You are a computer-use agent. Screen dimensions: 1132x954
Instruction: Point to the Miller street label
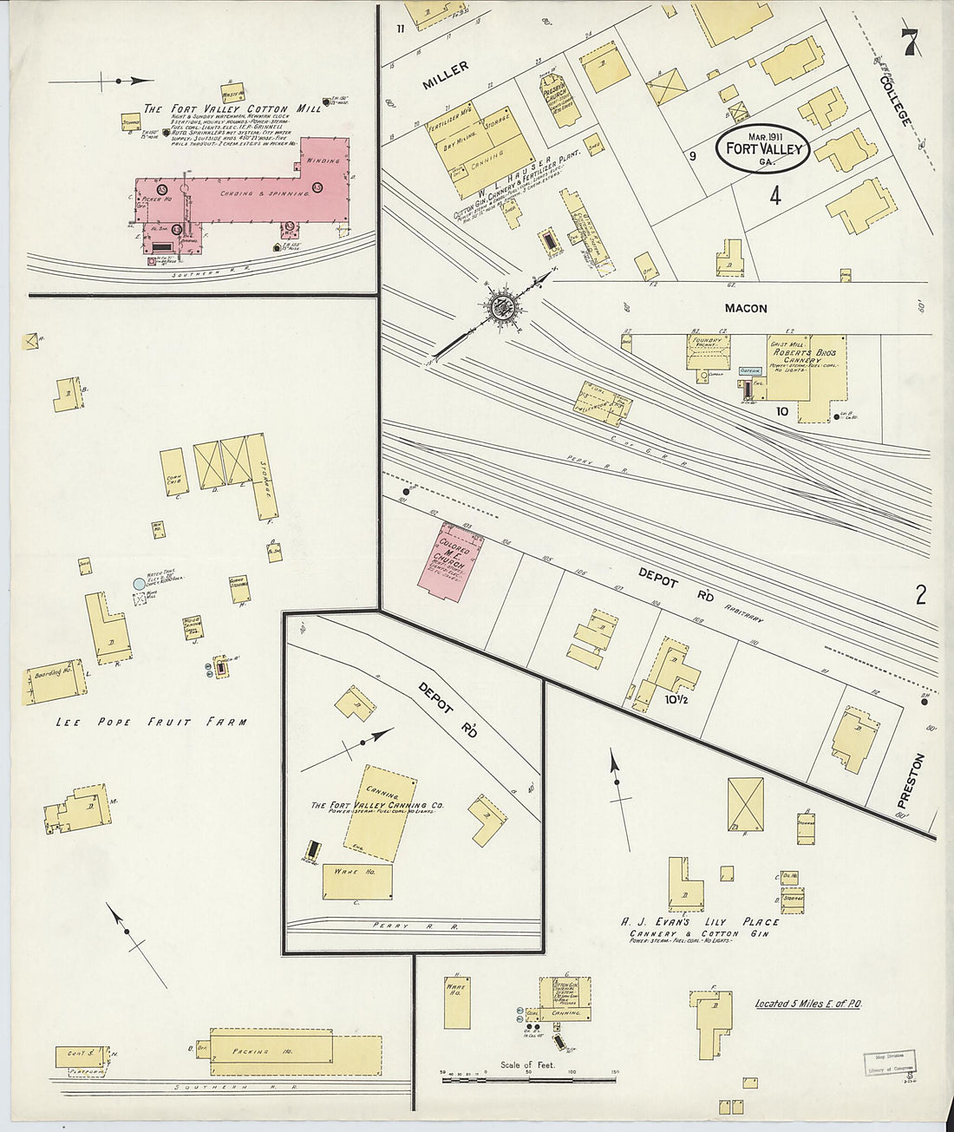(x=446, y=75)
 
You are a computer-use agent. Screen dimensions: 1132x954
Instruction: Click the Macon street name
(x=745, y=308)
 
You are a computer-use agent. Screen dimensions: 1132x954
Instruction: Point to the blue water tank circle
(x=138, y=585)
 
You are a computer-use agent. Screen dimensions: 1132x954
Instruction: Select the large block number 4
(x=774, y=196)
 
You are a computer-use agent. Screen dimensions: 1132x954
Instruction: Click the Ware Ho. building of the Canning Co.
(x=356, y=881)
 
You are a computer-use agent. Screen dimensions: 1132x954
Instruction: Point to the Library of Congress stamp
(x=890, y=1064)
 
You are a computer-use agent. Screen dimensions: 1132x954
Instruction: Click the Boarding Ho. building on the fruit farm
(x=58, y=685)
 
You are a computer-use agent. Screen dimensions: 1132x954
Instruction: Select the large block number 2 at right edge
(x=920, y=594)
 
